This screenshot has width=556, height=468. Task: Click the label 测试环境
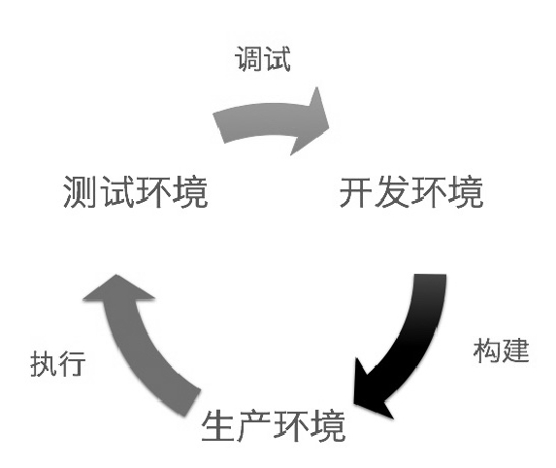pyautogui.click(x=135, y=191)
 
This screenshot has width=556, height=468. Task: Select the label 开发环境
pyautogui.click(x=411, y=192)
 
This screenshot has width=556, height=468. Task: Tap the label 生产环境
pyautogui.click(x=274, y=425)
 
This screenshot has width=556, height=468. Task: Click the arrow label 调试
pyautogui.click(x=263, y=58)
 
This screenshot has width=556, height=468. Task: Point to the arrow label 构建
pyautogui.click(x=501, y=351)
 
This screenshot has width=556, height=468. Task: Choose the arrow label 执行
pyautogui.click(x=58, y=363)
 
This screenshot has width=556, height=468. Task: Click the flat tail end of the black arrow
pyautogui.click(x=430, y=274)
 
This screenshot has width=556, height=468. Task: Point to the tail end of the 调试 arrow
pyautogui.click(x=218, y=128)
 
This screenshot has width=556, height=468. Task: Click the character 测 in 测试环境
pyautogui.click(x=81, y=192)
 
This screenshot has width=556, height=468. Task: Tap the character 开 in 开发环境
pyautogui.click(x=356, y=192)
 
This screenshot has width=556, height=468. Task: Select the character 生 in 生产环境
pyautogui.click(x=218, y=425)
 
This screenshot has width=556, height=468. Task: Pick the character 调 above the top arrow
pyautogui.click(x=248, y=58)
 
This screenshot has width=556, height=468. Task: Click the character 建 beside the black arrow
pyautogui.click(x=515, y=351)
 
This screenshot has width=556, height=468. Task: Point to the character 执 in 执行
pyautogui.click(x=44, y=363)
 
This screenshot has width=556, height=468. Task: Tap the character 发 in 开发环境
pyautogui.click(x=393, y=192)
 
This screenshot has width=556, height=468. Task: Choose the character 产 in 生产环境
pyautogui.click(x=255, y=425)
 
